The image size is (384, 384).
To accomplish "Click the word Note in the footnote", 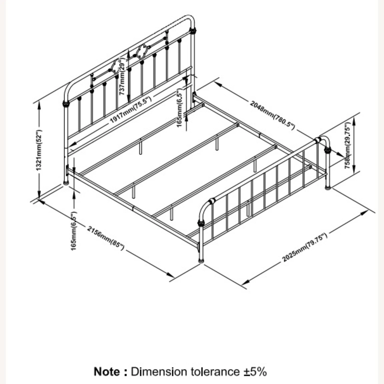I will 107,372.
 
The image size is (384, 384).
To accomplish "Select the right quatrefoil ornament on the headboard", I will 141,51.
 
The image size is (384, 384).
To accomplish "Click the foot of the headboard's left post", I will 66,183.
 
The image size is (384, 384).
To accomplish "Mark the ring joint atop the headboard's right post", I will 193,30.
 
